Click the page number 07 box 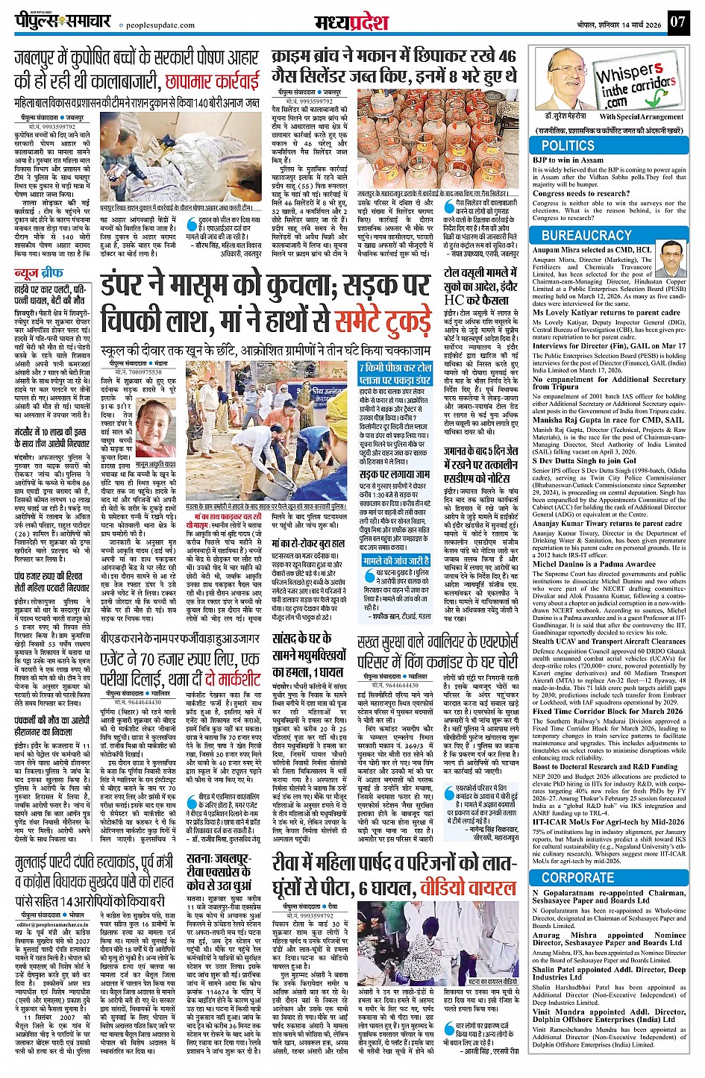click(x=677, y=21)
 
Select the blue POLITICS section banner click(x=568, y=146)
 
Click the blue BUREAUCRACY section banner click(x=586, y=235)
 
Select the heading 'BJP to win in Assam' click(x=568, y=160)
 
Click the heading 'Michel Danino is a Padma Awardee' click(x=594, y=564)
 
